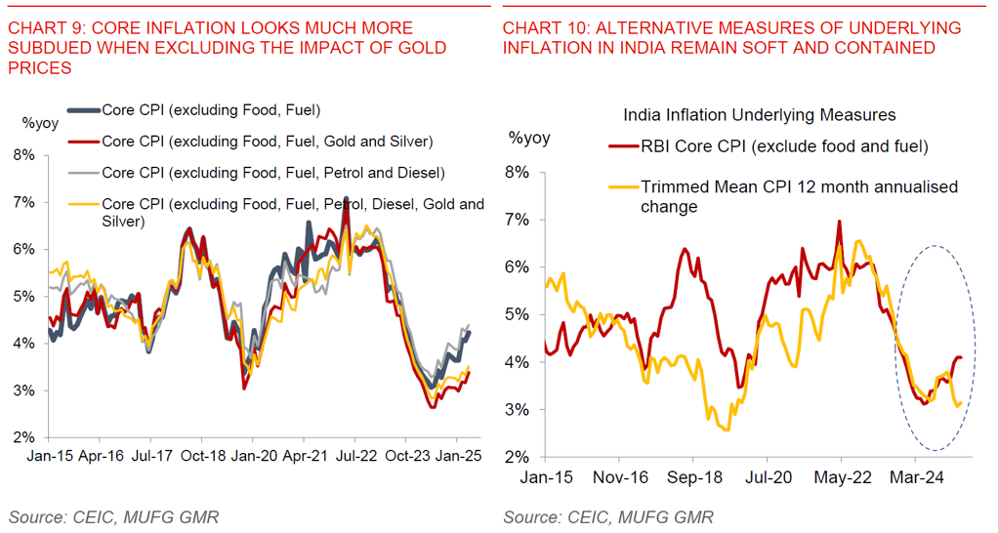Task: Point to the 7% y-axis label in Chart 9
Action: [x=24, y=202]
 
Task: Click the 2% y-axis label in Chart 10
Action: [x=516, y=457]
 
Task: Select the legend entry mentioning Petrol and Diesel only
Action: [x=273, y=173]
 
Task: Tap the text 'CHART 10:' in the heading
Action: [x=538, y=28]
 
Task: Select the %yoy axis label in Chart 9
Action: [x=40, y=123]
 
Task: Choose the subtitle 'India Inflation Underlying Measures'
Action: [x=759, y=115]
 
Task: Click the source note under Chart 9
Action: [x=113, y=516]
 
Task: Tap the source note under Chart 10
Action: [x=607, y=516]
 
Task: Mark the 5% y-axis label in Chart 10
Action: [x=516, y=314]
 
